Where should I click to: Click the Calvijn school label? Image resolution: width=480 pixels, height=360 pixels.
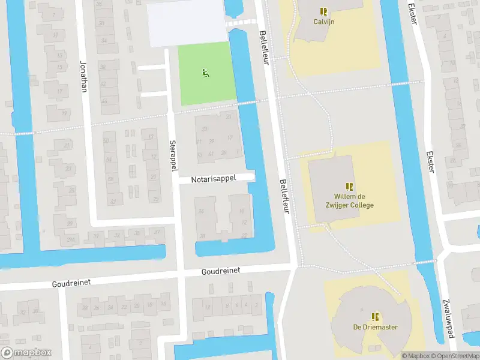click(x=323, y=21)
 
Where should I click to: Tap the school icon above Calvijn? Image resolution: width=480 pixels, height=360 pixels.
click(x=323, y=11)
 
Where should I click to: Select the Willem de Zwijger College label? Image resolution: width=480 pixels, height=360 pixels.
click(x=353, y=201)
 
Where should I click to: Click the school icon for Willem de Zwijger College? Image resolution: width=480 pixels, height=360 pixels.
click(x=349, y=187)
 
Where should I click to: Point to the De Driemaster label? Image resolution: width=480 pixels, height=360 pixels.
click(x=375, y=327)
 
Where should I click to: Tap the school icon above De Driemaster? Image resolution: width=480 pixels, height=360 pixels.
click(x=375, y=317)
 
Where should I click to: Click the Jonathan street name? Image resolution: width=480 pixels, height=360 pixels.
click(x=83, y=77)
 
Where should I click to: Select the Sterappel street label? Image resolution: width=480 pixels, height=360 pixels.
click(x=173, y=156)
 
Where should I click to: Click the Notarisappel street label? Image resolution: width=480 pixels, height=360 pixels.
click(x=214, y=178)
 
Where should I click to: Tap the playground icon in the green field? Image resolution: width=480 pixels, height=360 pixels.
click(x=205, y=73)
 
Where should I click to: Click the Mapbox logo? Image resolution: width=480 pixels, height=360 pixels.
click(x=26, y=353)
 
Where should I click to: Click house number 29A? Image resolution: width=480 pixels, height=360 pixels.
click(x=71, y=239)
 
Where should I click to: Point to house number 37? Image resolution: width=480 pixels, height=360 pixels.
click(x=157, y=232)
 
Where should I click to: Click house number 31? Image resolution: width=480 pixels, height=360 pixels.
click(x=229, y=117)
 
